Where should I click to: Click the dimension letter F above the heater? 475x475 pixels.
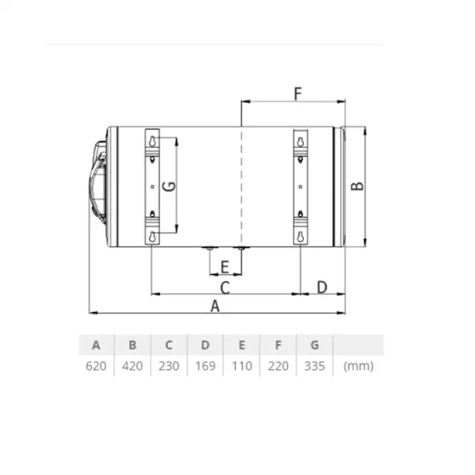[x=298, y=93]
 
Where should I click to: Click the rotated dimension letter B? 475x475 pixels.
[x=357, y=186]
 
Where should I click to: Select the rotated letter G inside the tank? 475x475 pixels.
[x=169, y=186]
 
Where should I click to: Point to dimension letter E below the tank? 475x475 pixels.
[x=225, y=268]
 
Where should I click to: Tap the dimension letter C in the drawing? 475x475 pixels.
[x=225, y=288]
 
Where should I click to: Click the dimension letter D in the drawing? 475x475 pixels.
[x=322, y=287]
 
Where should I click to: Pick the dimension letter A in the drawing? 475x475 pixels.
[x=215, y=306]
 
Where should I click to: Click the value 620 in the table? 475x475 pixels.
[x=96, y=366]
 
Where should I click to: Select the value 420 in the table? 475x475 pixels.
[x=132, y=366]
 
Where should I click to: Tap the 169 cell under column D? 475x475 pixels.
[x=205, y=366]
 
